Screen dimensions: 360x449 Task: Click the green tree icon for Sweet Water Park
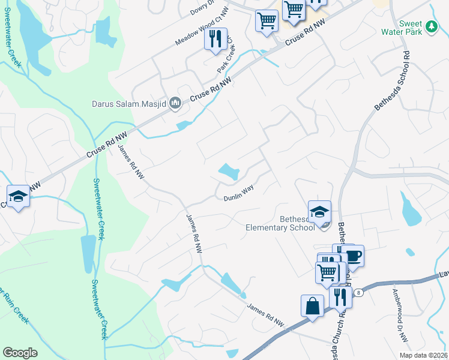(x=431, y=26)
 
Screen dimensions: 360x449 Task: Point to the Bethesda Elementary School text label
(x=280, y=223)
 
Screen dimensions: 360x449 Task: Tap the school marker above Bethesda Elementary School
(x=319, y=211)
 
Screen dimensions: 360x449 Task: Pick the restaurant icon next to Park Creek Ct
(x=215, y=39)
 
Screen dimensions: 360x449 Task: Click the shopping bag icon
(x=313, y=306)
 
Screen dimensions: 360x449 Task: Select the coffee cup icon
(x=353, y=256)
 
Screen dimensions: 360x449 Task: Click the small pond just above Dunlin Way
(x=229, y=173)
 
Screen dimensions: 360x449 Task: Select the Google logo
(x=20, y=352)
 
